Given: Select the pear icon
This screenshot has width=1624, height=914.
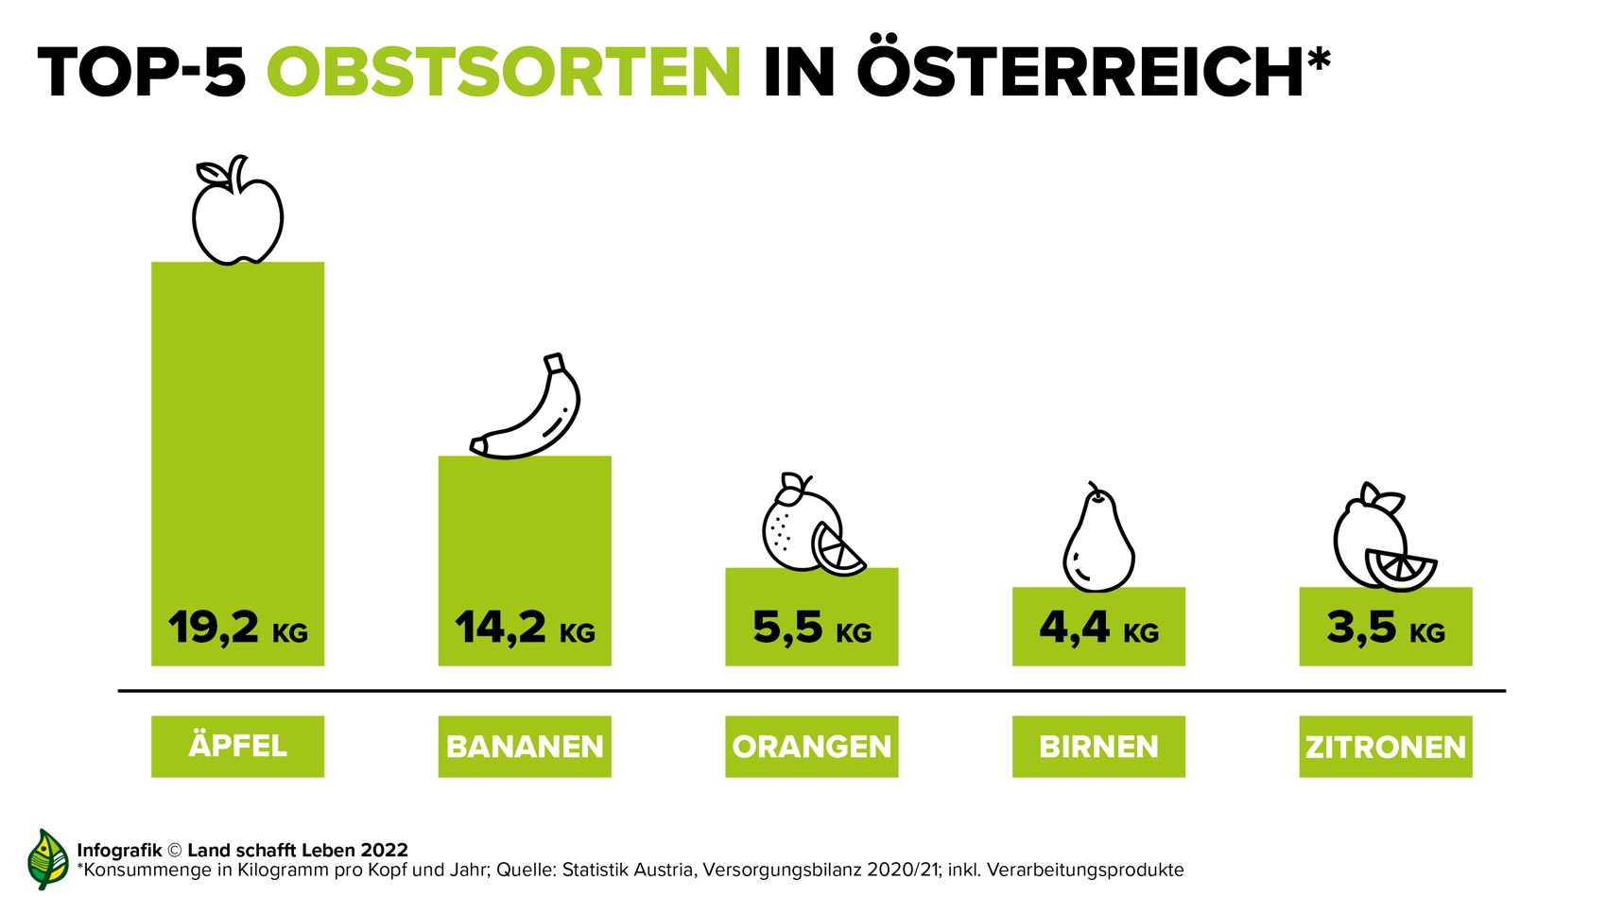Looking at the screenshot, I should [1097, 541].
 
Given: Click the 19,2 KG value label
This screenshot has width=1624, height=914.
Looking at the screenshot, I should [237, 628].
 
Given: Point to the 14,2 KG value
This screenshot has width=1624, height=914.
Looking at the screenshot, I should [525, 628].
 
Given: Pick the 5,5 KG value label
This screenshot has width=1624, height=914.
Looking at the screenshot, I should [811, 628].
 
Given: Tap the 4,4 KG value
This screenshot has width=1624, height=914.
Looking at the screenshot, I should [1098, 628].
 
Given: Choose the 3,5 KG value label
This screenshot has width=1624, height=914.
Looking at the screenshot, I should [1385, 628].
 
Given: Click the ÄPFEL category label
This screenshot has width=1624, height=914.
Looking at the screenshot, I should [237, 746].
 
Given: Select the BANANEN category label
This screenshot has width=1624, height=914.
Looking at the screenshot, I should [525, 747].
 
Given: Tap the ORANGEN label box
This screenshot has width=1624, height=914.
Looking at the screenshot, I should [811, 747].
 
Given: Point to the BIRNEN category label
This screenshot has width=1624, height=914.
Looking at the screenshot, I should [1098, 747].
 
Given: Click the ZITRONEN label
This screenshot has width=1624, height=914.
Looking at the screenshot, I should [1385, 747].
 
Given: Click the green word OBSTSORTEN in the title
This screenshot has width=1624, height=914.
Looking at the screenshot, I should [504, 71].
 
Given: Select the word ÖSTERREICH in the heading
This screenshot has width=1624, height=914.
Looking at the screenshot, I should [1080, 71].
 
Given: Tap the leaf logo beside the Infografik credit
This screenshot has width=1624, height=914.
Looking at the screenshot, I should [47, 859].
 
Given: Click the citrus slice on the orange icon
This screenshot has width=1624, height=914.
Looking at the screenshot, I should [838, 551].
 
